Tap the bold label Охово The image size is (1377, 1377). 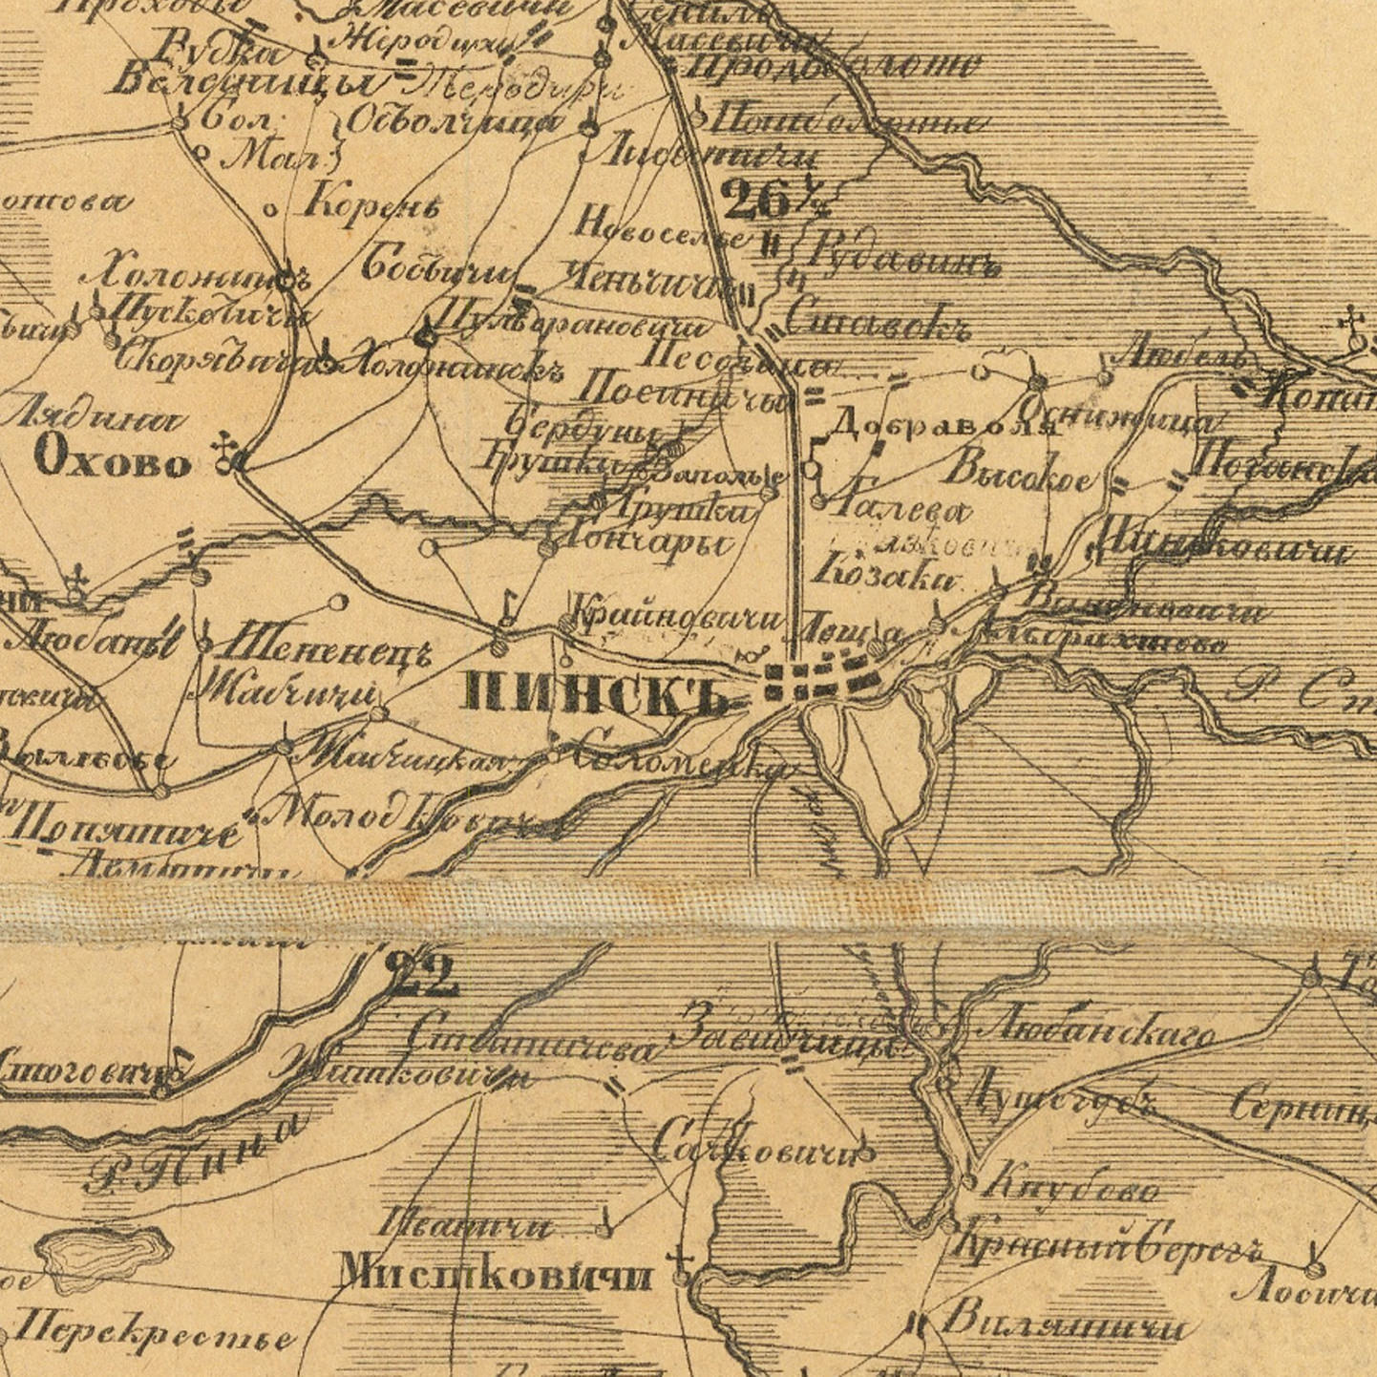(x=113, y=462)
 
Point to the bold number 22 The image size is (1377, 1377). (x=421, y=976)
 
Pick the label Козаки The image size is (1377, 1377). (x=885, y=574)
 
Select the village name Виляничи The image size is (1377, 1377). (x=1064, y=1324)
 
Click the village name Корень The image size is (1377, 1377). (x=371, y=203)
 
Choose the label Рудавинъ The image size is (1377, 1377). (x=902, y=256)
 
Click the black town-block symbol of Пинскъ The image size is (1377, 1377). (x=821, y=679)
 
